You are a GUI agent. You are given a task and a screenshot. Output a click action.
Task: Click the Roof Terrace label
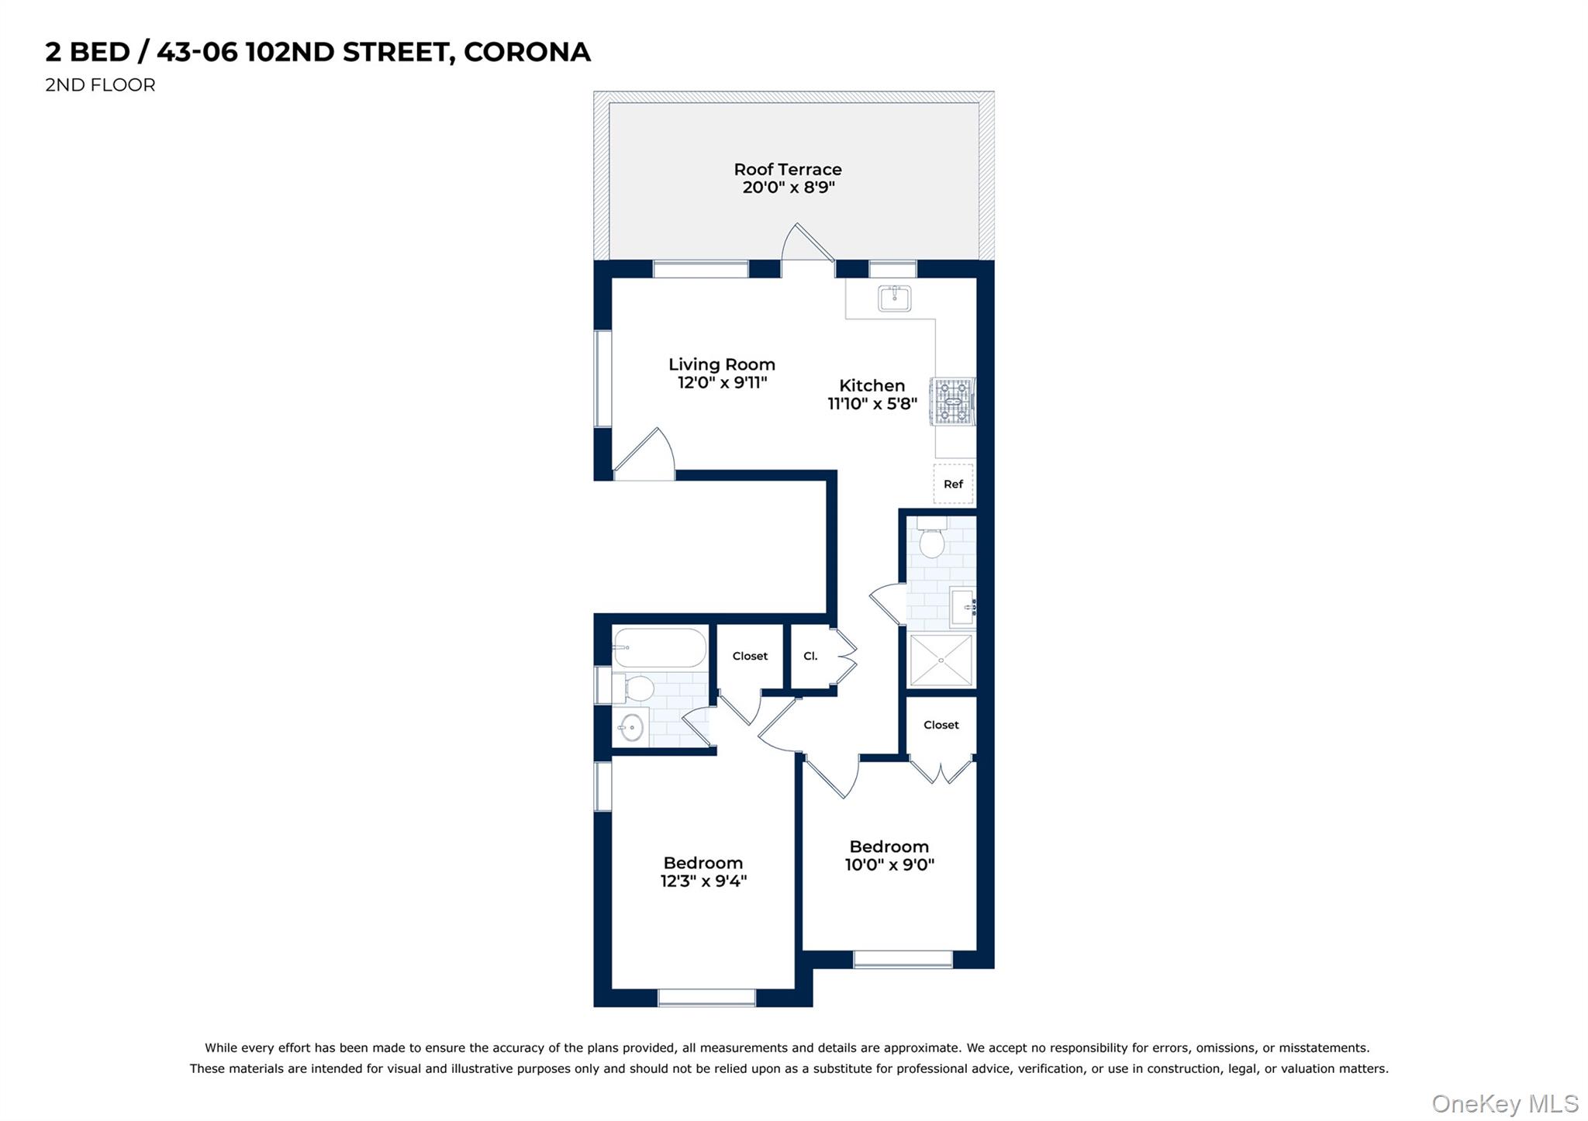(x=787, y=170)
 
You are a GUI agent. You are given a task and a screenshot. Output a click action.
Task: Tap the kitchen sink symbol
(x=894, y=298)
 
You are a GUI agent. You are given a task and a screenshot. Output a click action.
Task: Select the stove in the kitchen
(x=953, y=402)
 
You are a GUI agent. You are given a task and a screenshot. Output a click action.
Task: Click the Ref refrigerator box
(x=953, y=484)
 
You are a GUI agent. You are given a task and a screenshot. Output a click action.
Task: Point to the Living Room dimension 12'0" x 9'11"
(x=722, y=382)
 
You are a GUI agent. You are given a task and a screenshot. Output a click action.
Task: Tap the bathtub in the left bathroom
(x=659, y=647)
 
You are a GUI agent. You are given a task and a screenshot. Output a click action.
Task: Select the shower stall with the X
(x=941, y=661)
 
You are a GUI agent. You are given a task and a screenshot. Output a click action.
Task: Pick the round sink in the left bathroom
(x=632, y=727)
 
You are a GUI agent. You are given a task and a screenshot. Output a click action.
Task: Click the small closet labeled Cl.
(x=810, y=656)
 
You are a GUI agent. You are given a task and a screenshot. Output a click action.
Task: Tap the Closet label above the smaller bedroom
(x=941, y=725)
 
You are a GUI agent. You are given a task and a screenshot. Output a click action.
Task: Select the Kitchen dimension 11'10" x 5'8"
(x=872, y=404)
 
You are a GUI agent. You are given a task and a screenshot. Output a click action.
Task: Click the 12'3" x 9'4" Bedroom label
(x=703, y=863)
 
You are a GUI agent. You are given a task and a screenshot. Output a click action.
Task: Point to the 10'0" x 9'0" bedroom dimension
(x=889, y=865)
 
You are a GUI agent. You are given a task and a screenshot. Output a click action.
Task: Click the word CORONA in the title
(x=526, y=52)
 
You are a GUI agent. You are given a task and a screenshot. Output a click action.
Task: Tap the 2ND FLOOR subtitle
(x=100, y=85)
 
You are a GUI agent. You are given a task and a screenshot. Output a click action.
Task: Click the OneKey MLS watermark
(x=1504, y=1103)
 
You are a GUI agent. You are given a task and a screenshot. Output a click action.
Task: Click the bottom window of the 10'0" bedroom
(x=903, y=959)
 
